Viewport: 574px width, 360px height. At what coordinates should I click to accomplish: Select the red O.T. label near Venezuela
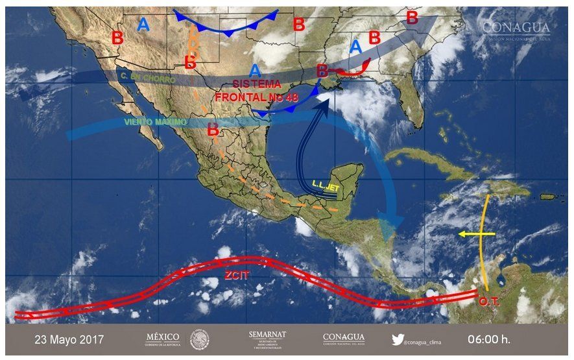(x=490, y=302)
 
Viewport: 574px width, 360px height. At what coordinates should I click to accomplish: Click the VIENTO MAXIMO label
(x=155, y=122)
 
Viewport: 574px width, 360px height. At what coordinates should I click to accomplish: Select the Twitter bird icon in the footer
(x=398, y=339)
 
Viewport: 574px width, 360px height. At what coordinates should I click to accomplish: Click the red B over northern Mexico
(x=212, y=130)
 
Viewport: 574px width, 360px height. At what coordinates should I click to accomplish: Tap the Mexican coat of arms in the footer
(x=199, y=339)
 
